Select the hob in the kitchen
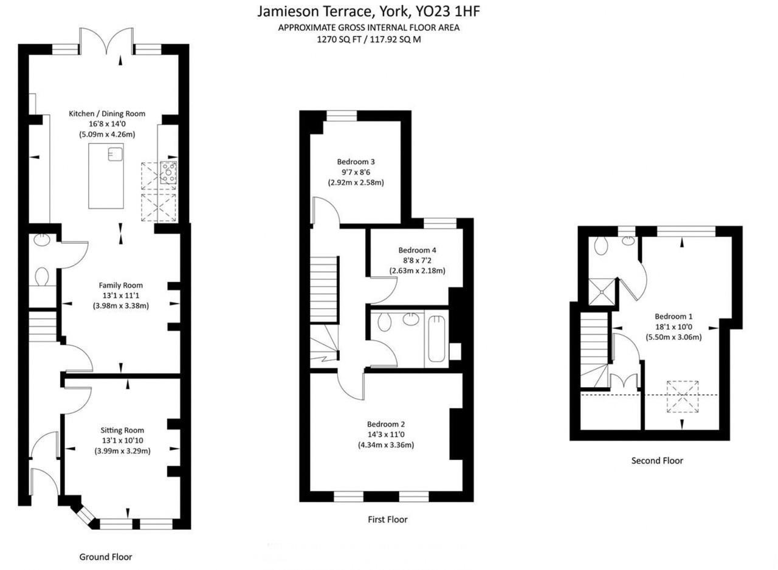(168, 173)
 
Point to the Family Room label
(120, 285)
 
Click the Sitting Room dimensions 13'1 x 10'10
(122, 441)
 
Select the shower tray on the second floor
(602, 290)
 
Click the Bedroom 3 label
(356, 162)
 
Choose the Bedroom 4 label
(417, 250)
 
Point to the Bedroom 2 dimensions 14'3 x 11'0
(385, 434)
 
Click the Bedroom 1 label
(673, 316)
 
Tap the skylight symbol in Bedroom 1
(682, 396)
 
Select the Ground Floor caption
(106, 557)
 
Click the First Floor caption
(387, 520)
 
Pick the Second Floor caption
(657, 461)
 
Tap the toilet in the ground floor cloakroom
(42, 277)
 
